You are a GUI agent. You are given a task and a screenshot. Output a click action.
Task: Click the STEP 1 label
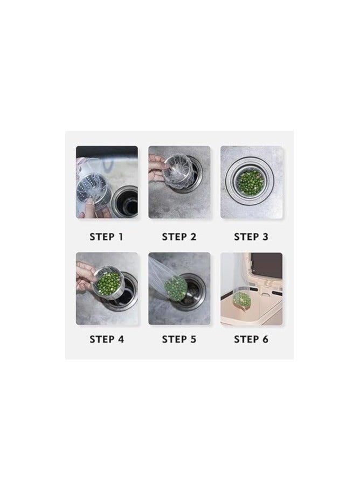pyautogui.click(x=107, y=236)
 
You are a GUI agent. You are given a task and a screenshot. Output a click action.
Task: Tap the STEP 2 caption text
pyautogui.click(x=179, y=236)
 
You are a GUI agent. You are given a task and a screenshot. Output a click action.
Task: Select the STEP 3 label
pyautogui.click(x=251, y=236)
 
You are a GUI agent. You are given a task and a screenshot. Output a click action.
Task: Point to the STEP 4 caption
pyautogui.click(x=107, y=339)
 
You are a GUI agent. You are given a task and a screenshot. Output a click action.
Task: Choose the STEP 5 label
pyautogui.click(x=179, y=339)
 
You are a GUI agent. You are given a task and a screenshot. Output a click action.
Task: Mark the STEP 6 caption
pyautogui.click(x=251, y=339)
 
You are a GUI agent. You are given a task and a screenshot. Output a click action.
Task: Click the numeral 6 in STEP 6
pyautogui.click(x=265, y=339)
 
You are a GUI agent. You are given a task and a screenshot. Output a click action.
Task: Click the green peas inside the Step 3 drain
pyautogui.click(x=251, y=181)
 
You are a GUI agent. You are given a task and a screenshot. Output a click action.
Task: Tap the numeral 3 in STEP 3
pyautogui.click(x=265, y=236)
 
